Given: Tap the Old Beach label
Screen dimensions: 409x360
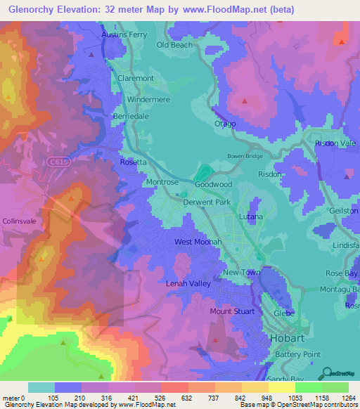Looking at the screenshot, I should [174, 45].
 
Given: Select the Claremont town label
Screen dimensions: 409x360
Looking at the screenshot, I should [136, 78].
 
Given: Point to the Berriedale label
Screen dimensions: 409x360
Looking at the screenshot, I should [131, 115].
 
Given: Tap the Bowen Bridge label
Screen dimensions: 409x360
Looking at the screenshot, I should [243, 156].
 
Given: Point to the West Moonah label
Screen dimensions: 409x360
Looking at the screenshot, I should [198, 242].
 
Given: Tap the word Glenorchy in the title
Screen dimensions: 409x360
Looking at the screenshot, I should [32, 10].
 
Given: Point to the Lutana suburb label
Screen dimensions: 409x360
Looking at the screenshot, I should [250, 216].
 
